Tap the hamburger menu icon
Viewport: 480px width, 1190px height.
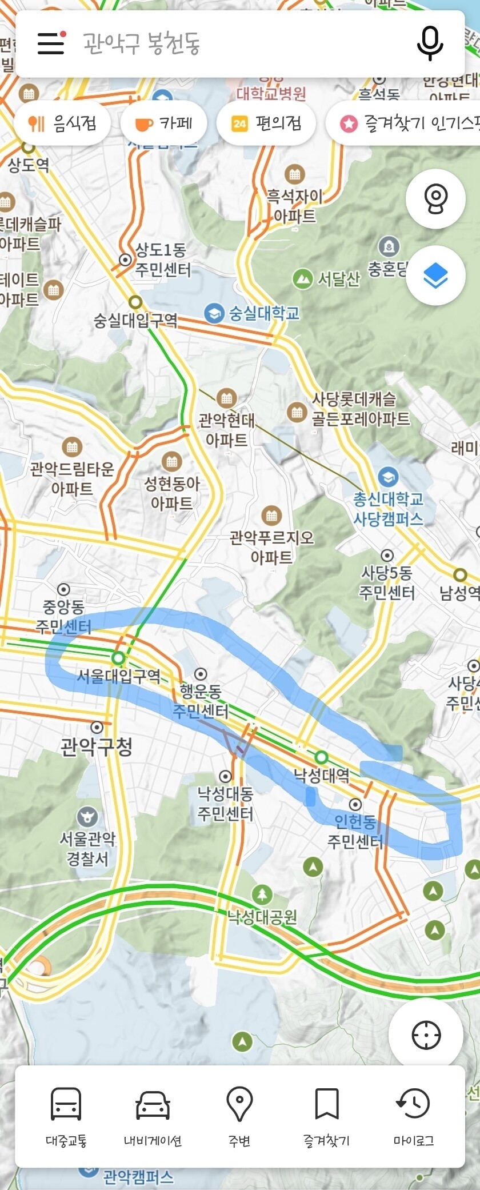pyautogui.click(x=51, y=43)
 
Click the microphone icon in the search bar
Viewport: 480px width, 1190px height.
pyautogui.click(x=430, y=43)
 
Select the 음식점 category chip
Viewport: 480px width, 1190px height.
pyautogui.click(x=62, y=123)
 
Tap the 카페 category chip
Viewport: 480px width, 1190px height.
pyautogui.click(x=163, y=123)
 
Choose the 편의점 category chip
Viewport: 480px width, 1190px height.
pyautogui.click(x=266, y=123)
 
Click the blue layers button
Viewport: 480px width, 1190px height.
pyautogui.click(x=435, y=277)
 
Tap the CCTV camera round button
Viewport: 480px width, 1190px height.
pyautogui.click(x=435, y=198)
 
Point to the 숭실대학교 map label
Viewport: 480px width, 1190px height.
pyautogui.click(x=263, y=313)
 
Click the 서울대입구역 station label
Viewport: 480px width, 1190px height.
pyautogui.click(x=119, y=677)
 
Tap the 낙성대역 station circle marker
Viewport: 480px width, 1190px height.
pyautogui.click(x=322, y=757)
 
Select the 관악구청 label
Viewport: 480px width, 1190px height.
pyautogui.click(x=97, y=746)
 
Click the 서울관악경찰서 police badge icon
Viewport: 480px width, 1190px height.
pyautogui.click(x=87, y=817)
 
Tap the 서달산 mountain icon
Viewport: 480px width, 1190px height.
pyautogui.click(x=302, y=279)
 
